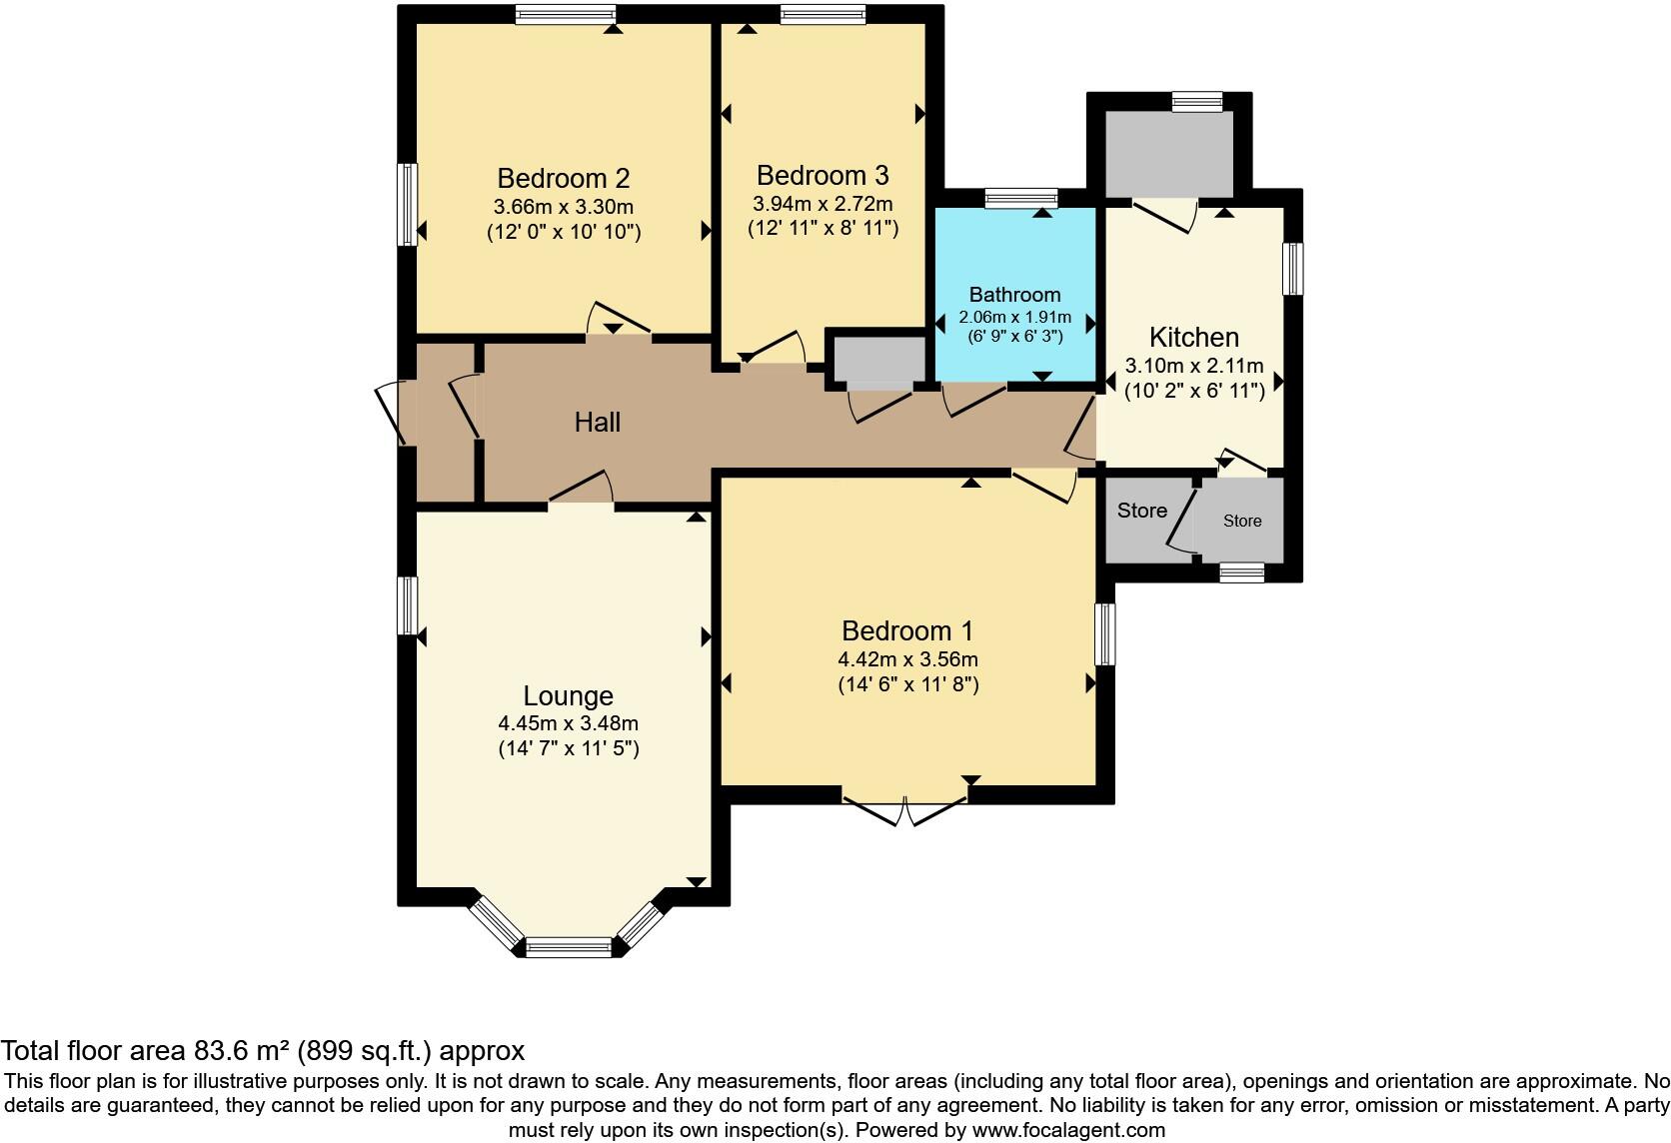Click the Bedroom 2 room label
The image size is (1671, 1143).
tap(563, 179)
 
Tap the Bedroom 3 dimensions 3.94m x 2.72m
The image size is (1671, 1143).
tap(823, 204)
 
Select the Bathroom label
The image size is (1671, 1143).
tap(1014, 295)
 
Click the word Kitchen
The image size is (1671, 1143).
tap(1193, 338)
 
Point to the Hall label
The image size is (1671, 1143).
tap(597, 423)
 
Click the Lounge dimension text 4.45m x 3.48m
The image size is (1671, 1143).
tap(568, 724)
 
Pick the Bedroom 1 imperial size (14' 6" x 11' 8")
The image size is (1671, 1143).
tap(907, 684)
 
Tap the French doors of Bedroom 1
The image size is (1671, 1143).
tap(905, 809)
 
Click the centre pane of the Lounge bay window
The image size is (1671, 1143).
tap(569, 946)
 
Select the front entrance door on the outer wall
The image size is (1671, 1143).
tap(390, 412)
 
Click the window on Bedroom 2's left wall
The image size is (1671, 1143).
tap(407, 204)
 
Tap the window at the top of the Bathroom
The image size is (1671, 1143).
tap(1020, 198)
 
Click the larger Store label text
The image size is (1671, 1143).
tap(1141, 511)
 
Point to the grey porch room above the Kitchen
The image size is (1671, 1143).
tap(1168, 154)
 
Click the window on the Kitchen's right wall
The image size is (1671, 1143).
tap(1292, 268)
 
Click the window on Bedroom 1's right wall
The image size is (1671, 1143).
tap(1104, 633)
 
